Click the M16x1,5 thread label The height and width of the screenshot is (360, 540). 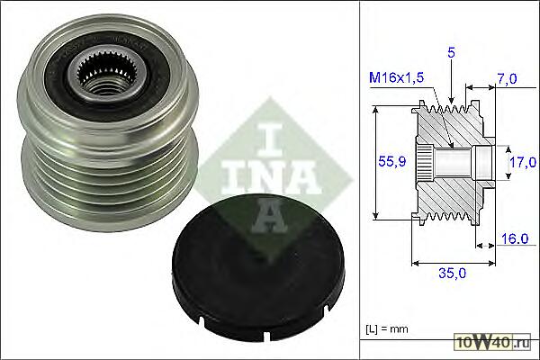[x=396, y=78]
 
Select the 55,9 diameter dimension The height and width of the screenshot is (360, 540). [x=392, y=161]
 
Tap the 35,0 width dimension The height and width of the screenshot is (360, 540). [x=452, y=274]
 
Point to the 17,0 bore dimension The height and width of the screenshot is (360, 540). [x=523, y=162]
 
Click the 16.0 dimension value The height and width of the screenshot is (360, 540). [x=515, y=238]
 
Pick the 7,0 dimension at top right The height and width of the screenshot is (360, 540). [x=507, y=79]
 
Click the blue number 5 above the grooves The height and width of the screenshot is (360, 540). [x=451, y=52]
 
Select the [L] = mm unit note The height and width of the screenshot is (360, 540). [x=386, y=329]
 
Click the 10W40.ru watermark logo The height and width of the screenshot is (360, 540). [x=493, y=342]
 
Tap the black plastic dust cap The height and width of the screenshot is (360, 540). [x=257, y=267]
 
